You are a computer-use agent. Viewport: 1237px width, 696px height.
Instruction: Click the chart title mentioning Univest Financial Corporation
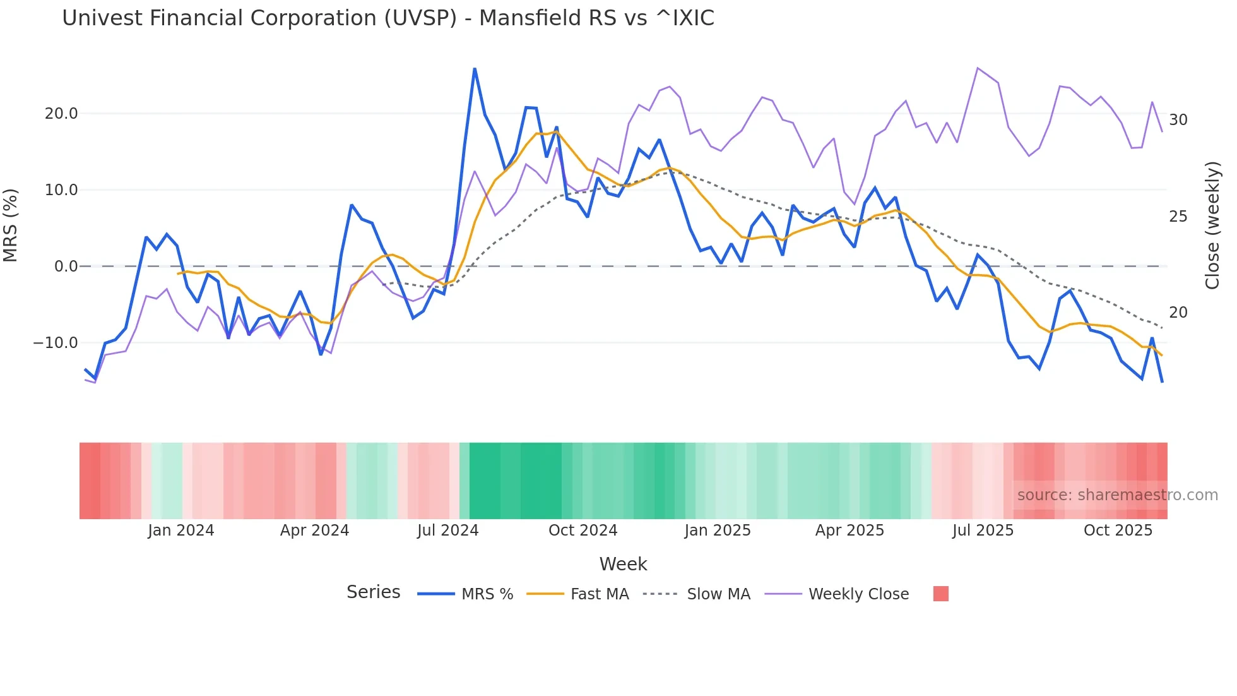[388, 18]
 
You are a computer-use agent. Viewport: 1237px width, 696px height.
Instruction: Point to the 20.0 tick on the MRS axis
[61, 114]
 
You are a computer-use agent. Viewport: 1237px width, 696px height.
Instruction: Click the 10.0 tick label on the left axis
[61, 190]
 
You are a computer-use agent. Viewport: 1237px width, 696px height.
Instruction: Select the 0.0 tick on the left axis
[66, 267]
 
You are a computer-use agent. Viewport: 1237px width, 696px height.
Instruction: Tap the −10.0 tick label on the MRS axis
[56, 343]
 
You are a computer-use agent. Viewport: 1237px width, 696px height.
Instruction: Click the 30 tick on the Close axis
[1178, 120]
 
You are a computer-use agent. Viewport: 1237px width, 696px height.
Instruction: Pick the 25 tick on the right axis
[1178, 217]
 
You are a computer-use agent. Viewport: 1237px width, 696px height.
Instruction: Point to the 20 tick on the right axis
[1178, 313]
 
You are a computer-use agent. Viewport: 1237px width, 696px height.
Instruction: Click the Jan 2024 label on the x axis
[181, 531]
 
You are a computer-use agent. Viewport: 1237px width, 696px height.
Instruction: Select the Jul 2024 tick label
[448, 531]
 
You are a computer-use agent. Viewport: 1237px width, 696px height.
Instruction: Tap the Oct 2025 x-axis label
[1118, 531]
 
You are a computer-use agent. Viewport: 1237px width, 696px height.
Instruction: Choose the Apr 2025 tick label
[849, 531]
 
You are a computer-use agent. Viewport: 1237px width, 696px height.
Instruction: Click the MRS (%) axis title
[11, 225]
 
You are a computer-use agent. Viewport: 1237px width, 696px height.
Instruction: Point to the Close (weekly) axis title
[1212, 225]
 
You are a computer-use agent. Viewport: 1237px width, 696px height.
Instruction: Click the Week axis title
[623, 564]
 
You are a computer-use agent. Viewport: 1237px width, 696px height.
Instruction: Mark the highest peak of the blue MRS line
[475, 69]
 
